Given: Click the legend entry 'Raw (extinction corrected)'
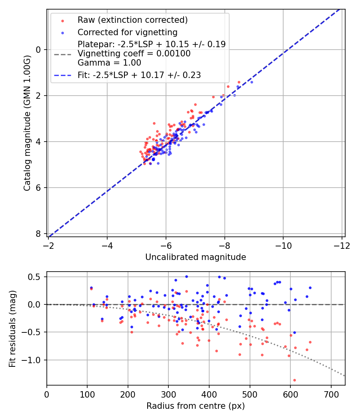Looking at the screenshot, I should tap(132, 20).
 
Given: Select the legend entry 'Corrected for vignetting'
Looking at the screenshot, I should tap(127, 32).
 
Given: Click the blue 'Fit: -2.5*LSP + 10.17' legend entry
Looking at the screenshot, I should tap(139, 75).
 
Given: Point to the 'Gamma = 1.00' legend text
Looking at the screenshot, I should tap(109, 62).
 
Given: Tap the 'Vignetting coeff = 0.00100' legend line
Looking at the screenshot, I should tap(134, 54).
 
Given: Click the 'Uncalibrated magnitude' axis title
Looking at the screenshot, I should tap(196, 257).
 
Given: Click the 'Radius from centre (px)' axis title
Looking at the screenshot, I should tap(196, 406).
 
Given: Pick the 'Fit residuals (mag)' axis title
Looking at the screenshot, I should tap(12, 329).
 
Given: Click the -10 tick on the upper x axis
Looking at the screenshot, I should tap(283, 244).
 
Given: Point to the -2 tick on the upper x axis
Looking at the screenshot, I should tap(48, 244).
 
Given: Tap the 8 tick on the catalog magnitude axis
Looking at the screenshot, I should tap(39, 234).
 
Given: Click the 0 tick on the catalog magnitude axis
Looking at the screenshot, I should tap(39, 50).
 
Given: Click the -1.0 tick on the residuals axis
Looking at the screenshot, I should tap(33, 360).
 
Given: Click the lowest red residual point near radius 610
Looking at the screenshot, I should tap(294, 380).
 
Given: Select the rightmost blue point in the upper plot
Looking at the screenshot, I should tap(252, 82).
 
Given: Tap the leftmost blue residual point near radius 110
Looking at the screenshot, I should tap(91, 288).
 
